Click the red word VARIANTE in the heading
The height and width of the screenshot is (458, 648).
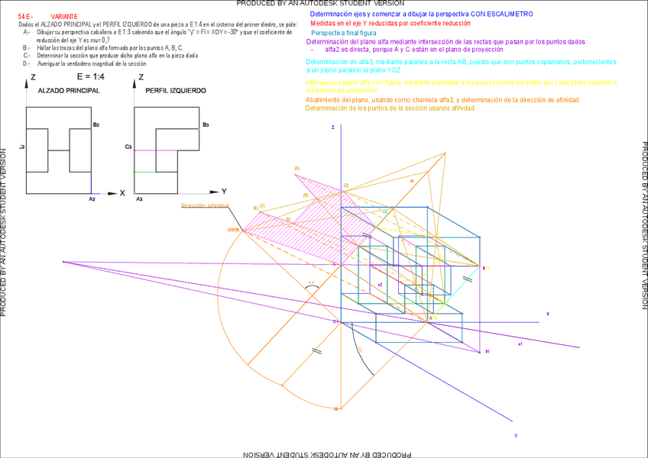tap(64, 16)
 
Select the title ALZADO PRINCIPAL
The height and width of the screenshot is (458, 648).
tap(68, 90)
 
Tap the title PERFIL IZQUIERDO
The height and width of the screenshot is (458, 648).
tap(175, 90)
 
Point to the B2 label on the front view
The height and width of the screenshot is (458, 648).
tap(96, 124)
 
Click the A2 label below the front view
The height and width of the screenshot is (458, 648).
tap(92, 198)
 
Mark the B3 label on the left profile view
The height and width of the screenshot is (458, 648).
tap(206, 124)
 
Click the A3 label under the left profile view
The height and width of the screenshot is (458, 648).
tap(139, 198)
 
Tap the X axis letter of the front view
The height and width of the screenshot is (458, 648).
tap(122, 193)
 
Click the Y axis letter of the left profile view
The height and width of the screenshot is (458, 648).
tap(224, 191)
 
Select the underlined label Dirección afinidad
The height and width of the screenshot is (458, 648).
tap(205, 206)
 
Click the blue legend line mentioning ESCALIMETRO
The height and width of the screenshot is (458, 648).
tap(422, 14)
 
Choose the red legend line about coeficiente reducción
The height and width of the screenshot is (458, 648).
tap(390, 24)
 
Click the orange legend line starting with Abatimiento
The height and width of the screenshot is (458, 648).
tap(442, 100)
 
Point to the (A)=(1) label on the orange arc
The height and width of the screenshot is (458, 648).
tap(233, 230)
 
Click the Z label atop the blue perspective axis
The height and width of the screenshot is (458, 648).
tap(333, 127)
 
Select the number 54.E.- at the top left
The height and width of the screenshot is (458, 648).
tap(26, 16)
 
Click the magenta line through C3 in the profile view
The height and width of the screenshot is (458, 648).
tap(156, 150)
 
